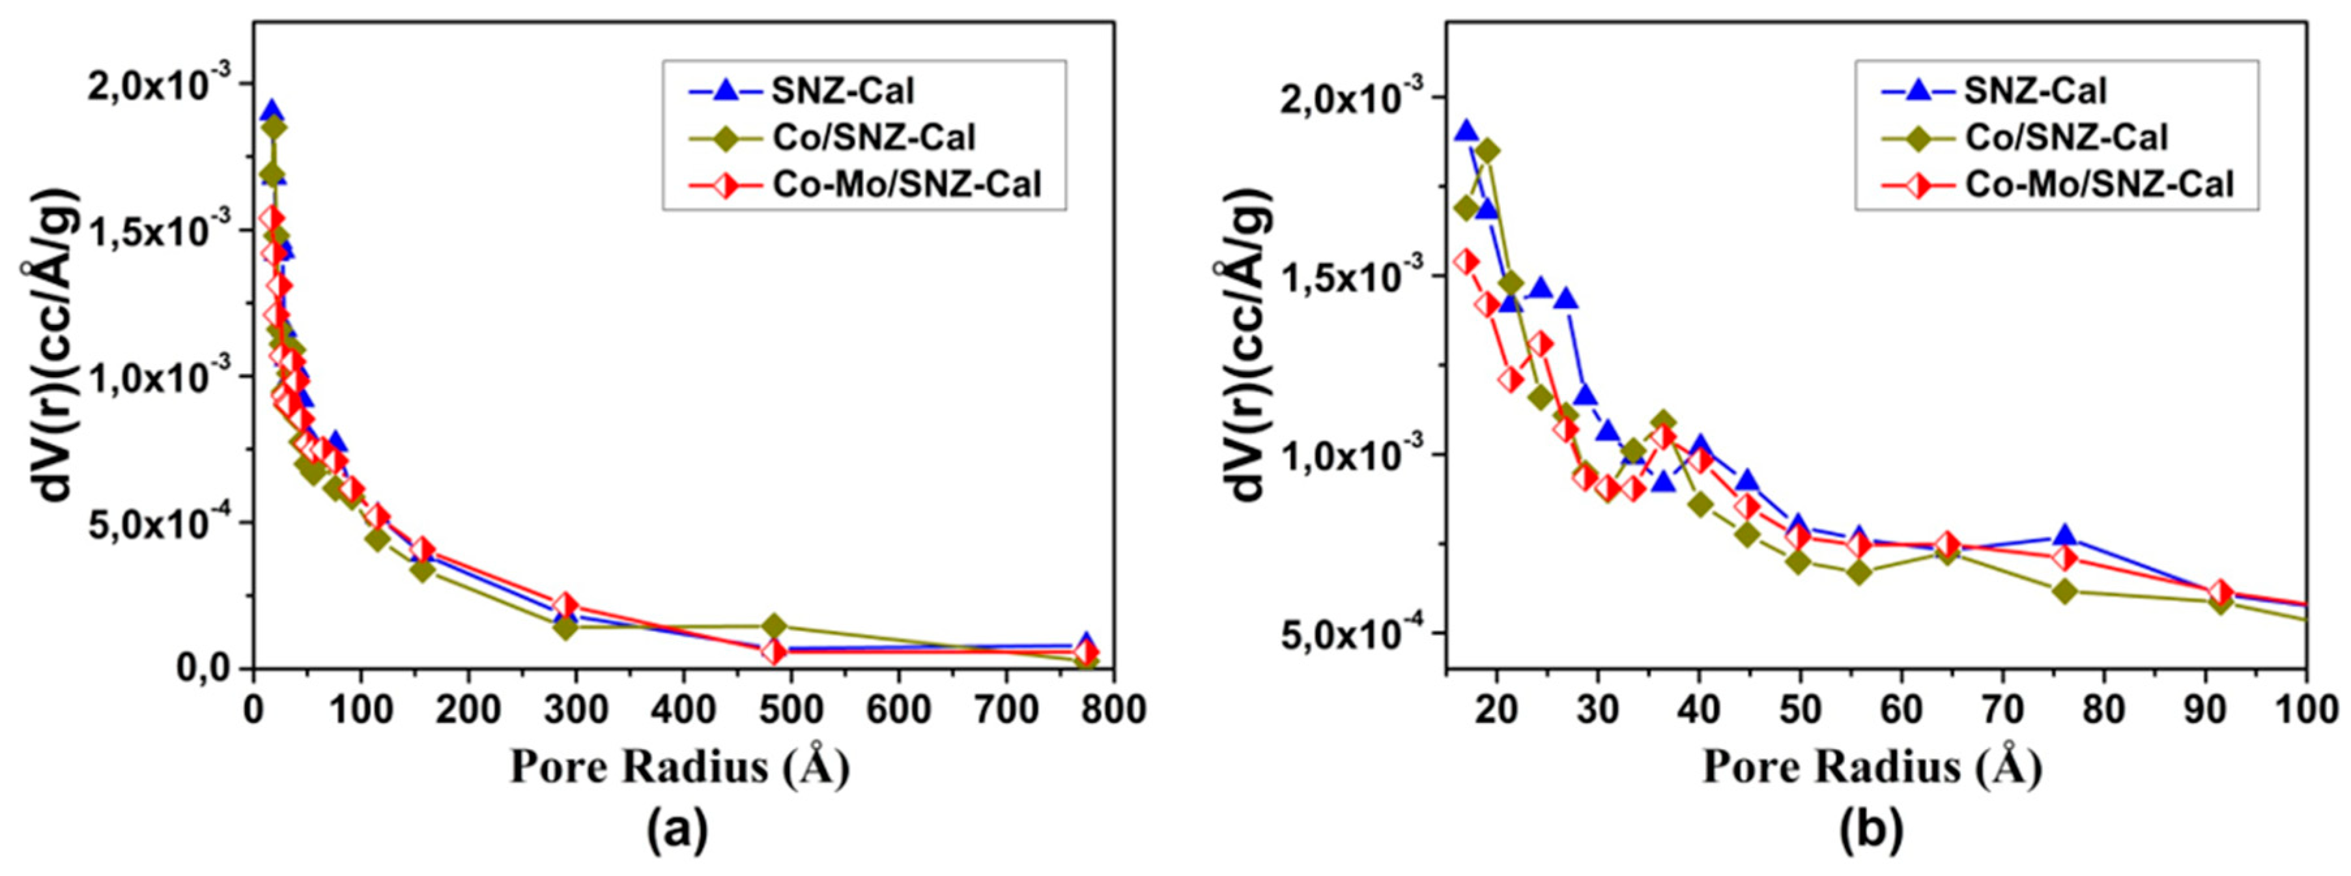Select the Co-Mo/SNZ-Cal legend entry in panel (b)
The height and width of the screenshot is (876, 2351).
2098,184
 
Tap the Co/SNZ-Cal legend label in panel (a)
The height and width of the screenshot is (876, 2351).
874,138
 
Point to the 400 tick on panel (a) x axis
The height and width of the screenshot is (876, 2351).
683,709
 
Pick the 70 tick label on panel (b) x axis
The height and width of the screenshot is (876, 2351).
2002,709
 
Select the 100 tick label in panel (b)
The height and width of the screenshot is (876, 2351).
2307,709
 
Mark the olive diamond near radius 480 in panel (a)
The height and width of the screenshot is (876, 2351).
774,626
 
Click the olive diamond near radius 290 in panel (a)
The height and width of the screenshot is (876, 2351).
565,627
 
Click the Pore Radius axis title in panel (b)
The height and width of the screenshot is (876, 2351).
1872,767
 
